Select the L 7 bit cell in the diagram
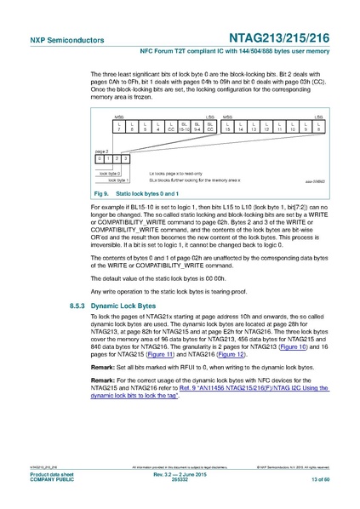point(120,127)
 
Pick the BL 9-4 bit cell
point(197,127)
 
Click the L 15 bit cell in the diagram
point(228,127)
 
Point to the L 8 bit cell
point(317,127)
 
